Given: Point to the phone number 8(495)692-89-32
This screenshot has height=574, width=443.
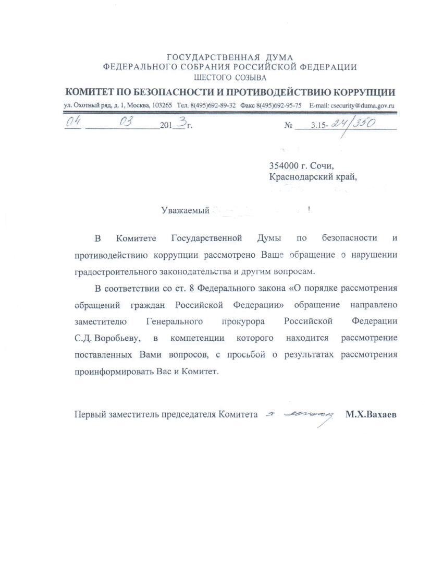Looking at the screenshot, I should tap(212, 105).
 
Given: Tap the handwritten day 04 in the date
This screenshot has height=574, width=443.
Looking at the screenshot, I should tap(73, 123).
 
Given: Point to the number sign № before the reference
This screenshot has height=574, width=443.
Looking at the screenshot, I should tap(289, 126).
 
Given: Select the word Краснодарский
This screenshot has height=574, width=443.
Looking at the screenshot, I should tap(302, 177).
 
